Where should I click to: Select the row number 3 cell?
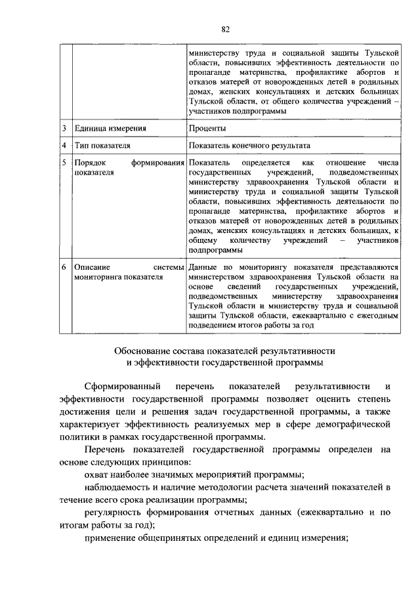[64, 129]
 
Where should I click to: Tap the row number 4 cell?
[64, 146]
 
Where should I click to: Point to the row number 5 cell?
[64, 162]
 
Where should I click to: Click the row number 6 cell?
[64, 268]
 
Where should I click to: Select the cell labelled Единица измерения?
[110, 129]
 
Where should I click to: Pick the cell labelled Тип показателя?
[102, 146]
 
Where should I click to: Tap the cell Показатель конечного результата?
[249, 146]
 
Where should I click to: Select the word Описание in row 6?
[93, 268]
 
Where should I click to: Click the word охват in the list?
[98, 475]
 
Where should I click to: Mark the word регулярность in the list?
[115, 513]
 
